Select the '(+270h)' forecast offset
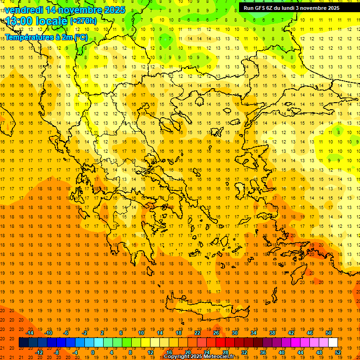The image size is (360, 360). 83,21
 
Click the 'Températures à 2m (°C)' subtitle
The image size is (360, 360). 46,37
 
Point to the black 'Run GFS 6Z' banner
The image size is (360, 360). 295,8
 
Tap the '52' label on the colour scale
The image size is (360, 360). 338,352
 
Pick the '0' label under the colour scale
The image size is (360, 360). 92,352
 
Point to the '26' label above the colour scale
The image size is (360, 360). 216,333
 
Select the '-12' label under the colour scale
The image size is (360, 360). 39,352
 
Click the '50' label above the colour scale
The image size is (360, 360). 329,333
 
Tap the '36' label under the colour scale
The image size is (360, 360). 263,352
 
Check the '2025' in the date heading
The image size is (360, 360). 114,10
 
